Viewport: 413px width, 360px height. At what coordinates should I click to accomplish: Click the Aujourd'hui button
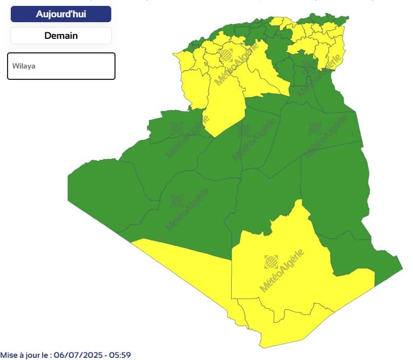[61, 14]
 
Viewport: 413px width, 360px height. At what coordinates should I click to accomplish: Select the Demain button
[61, 36]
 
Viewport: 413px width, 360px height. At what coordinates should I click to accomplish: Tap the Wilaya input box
[61, 66]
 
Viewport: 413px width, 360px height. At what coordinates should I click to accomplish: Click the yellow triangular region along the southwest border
[189, 264]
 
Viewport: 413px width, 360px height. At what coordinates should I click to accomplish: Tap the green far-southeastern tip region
[386, 267]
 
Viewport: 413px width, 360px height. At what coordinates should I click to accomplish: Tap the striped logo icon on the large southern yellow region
[270, 262]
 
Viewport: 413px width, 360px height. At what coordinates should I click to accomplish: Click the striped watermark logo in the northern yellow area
[228, 55]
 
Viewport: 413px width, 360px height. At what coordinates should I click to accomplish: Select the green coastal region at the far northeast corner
[337, 22]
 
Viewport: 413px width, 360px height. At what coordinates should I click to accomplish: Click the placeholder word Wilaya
[24, 66]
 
